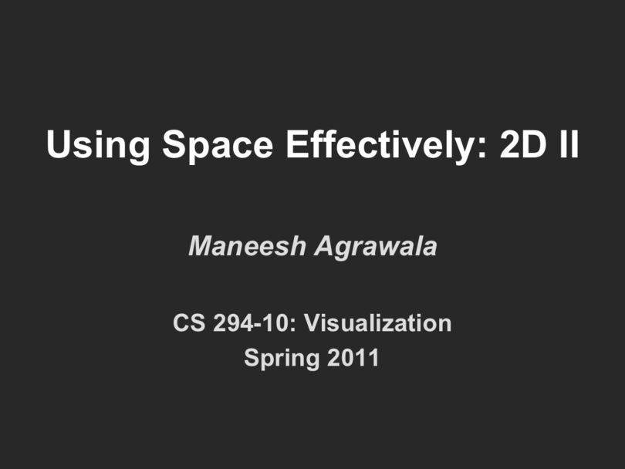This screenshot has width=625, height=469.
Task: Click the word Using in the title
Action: point(98,145)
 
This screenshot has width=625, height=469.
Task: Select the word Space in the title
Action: point(218,145)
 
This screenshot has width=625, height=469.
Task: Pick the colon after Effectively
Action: point(482,148)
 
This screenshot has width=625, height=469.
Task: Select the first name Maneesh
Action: point(247,246)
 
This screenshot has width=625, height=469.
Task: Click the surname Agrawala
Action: point(376,248)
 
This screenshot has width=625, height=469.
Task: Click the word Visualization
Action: point(378,322)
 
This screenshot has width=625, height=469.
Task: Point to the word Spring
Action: point(282,359)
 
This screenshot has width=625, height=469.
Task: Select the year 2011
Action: point(353,357)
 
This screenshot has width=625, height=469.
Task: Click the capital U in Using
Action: point(59,143)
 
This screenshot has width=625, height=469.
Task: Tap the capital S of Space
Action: point(175,143)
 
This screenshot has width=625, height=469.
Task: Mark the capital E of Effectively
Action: point(297,143)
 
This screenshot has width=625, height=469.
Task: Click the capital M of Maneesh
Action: point(201,246)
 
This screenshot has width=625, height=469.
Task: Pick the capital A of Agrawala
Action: point(326,246)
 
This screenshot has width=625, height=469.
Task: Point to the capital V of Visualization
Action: point(313,322)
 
